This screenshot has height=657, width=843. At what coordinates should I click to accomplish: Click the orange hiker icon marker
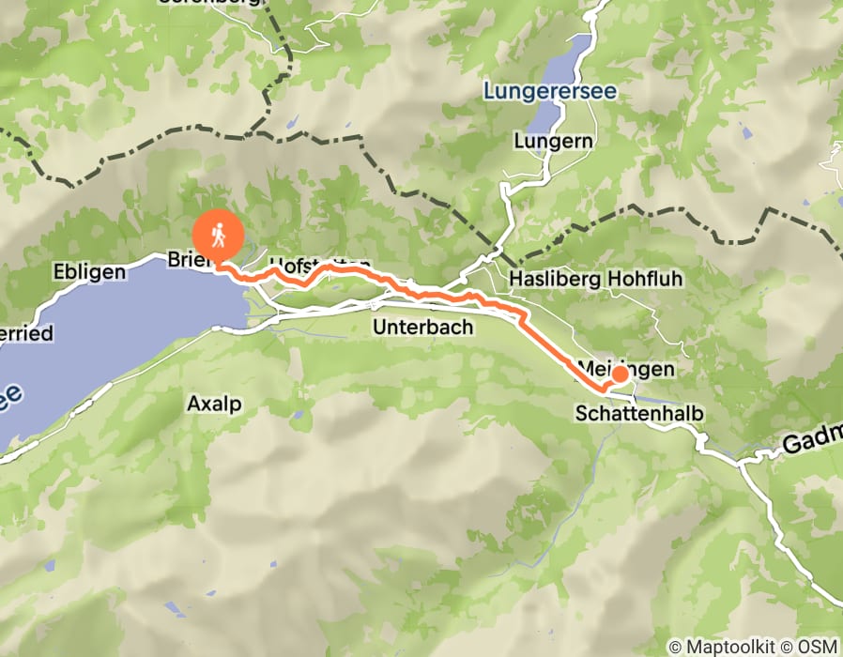coord(218,235)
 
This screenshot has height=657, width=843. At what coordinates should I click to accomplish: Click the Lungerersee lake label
coord(538,91)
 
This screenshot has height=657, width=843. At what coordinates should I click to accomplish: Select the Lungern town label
coord(553,142)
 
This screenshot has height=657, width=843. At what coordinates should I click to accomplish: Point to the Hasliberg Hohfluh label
coord(595,279)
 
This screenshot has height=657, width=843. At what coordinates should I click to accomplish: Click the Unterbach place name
coord(422,328)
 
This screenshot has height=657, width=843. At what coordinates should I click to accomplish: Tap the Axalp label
coord(214,404)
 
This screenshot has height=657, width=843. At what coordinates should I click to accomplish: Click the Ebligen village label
coord(90,272)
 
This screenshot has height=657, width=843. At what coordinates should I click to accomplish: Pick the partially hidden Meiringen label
coord(626,369)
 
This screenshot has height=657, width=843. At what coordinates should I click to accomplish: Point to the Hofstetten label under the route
coord(318,265)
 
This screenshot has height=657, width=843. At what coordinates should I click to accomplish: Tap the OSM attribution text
coord(820,647)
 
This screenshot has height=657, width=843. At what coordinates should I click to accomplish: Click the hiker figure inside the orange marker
coord(218,233)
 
